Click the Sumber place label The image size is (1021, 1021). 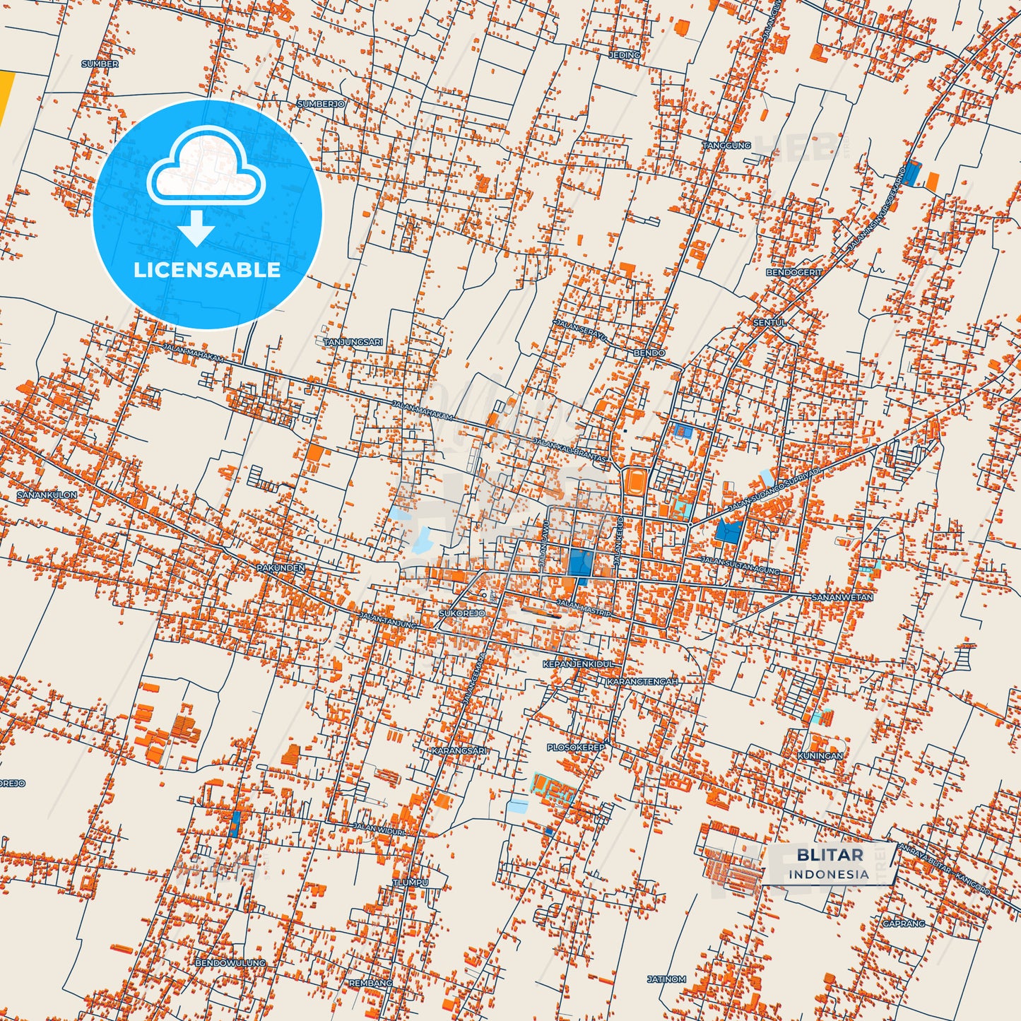(100, 64)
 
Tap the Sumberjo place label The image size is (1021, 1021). (321, 104)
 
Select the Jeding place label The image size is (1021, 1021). (624, 54)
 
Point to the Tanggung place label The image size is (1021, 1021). (726, 146)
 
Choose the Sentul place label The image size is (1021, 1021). (769, 322)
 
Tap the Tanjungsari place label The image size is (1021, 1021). (353, 342)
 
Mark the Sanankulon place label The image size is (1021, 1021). (47, 495)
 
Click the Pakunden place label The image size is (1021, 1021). (281, 567)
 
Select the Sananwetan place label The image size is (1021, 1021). (842, 598)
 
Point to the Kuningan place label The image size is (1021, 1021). (820, 755)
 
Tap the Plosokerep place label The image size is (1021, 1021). (576, 747)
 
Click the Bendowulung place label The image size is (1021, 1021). (230, 962)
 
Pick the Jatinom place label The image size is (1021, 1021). (666, 979)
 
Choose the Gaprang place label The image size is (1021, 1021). (903, 923)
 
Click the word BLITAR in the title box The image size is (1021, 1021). (830, 855)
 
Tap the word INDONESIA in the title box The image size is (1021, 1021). (829, 874)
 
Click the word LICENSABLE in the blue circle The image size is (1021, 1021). (207, 269)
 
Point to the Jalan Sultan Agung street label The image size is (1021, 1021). (740, 566)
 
